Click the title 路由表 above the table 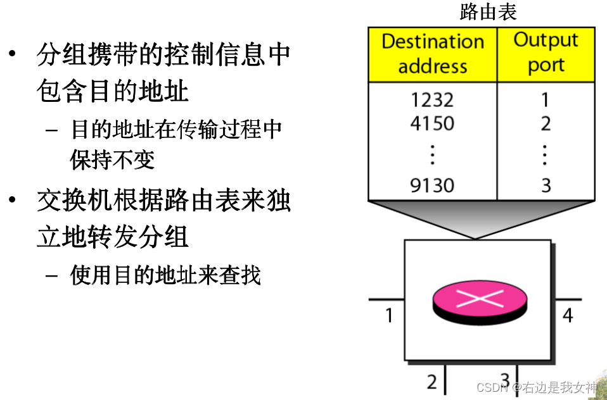(x=488, y=12)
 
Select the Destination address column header (x=432, y=54)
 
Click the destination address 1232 (x=432, y=100)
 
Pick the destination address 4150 (x=432, y=123)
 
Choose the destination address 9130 (x=432, y=185)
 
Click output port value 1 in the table (x=546, y=100)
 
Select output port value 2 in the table (x=546, y=123)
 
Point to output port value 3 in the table (x=546, y=185)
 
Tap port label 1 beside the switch (x=389, y=315)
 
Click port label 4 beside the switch (x=568, y=315)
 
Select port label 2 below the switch (x=432, y=382)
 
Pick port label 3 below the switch (x=505, y=380)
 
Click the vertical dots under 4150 (x=432, y=154)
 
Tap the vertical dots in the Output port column (x=546, y=154)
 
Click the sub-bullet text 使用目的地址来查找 (x=165, y=275)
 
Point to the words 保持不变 (x=112, y=159)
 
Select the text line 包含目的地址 (x=113, y=92)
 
